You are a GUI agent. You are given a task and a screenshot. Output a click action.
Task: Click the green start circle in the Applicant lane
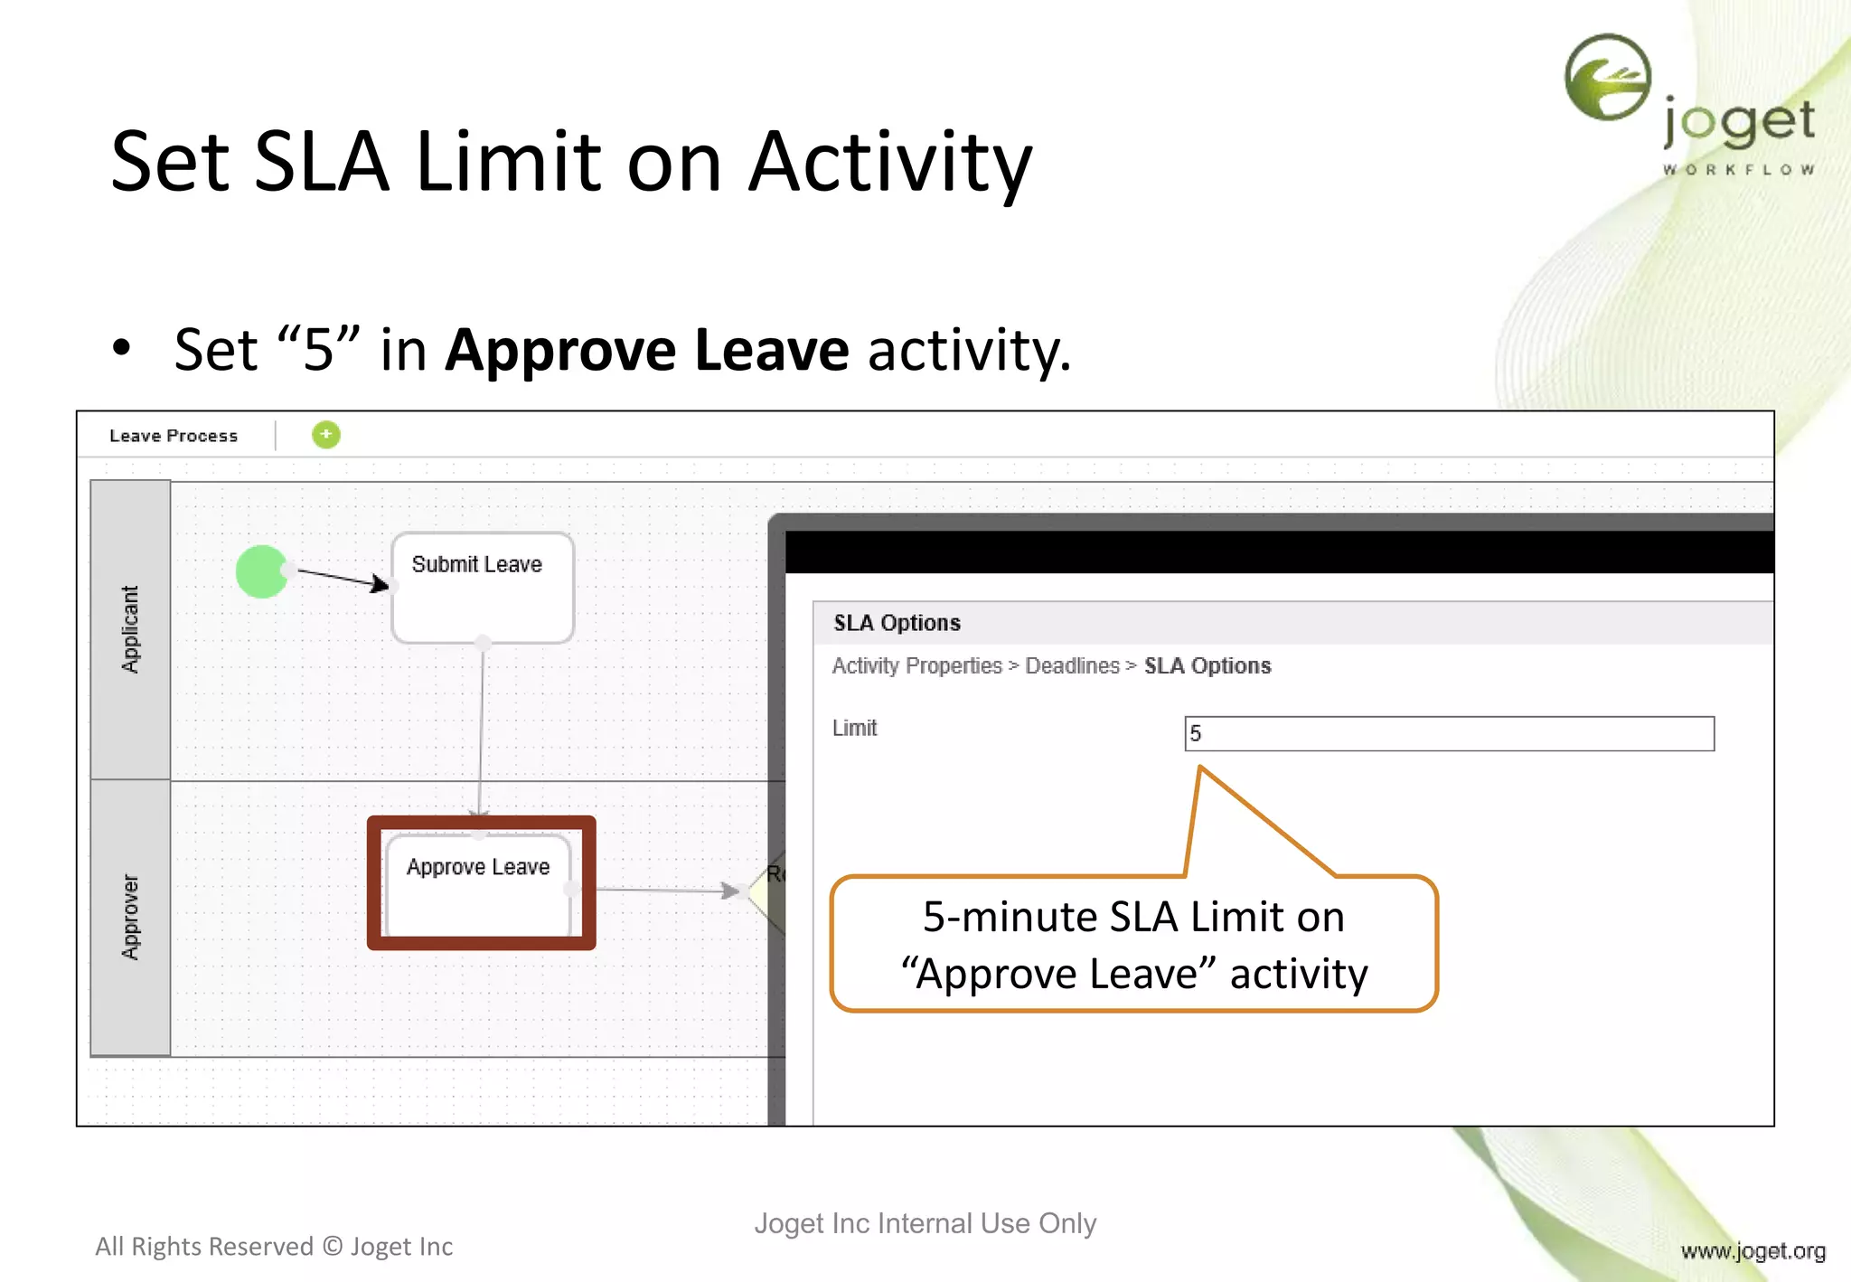(261, 571)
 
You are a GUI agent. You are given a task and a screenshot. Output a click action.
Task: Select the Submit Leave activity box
(482, 588)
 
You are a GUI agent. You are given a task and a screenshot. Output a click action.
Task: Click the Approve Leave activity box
(479, 883)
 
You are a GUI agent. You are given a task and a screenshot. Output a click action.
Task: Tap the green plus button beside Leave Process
(325, 435)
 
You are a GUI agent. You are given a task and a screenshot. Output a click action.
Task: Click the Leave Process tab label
(174, 436)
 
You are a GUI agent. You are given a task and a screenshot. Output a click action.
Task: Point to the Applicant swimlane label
(131, 629)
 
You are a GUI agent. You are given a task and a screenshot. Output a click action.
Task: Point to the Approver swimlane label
(131, 917)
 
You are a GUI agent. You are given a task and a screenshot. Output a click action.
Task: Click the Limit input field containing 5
(1449, 733)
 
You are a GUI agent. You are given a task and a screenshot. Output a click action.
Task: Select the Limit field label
(854, 728)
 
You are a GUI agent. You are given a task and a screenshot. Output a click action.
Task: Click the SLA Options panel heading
(897, 623)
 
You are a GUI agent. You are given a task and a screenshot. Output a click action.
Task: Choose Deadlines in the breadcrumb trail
(1072, 666)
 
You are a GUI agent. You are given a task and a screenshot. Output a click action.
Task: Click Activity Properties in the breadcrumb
(916, 666)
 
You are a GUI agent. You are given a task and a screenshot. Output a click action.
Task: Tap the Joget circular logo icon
(1608, 78)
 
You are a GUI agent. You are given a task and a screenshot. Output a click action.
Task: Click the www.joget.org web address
(1752, 1250)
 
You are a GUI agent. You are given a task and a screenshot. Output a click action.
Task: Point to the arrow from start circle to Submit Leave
(339, 578)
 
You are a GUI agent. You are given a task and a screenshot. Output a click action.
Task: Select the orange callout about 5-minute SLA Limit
(1133, 945)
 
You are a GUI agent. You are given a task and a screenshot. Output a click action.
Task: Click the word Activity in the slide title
(890, 163)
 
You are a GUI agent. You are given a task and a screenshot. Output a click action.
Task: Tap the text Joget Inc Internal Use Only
(925, 1223)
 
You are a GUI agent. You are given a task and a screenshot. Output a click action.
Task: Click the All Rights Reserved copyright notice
(274, 1247)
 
